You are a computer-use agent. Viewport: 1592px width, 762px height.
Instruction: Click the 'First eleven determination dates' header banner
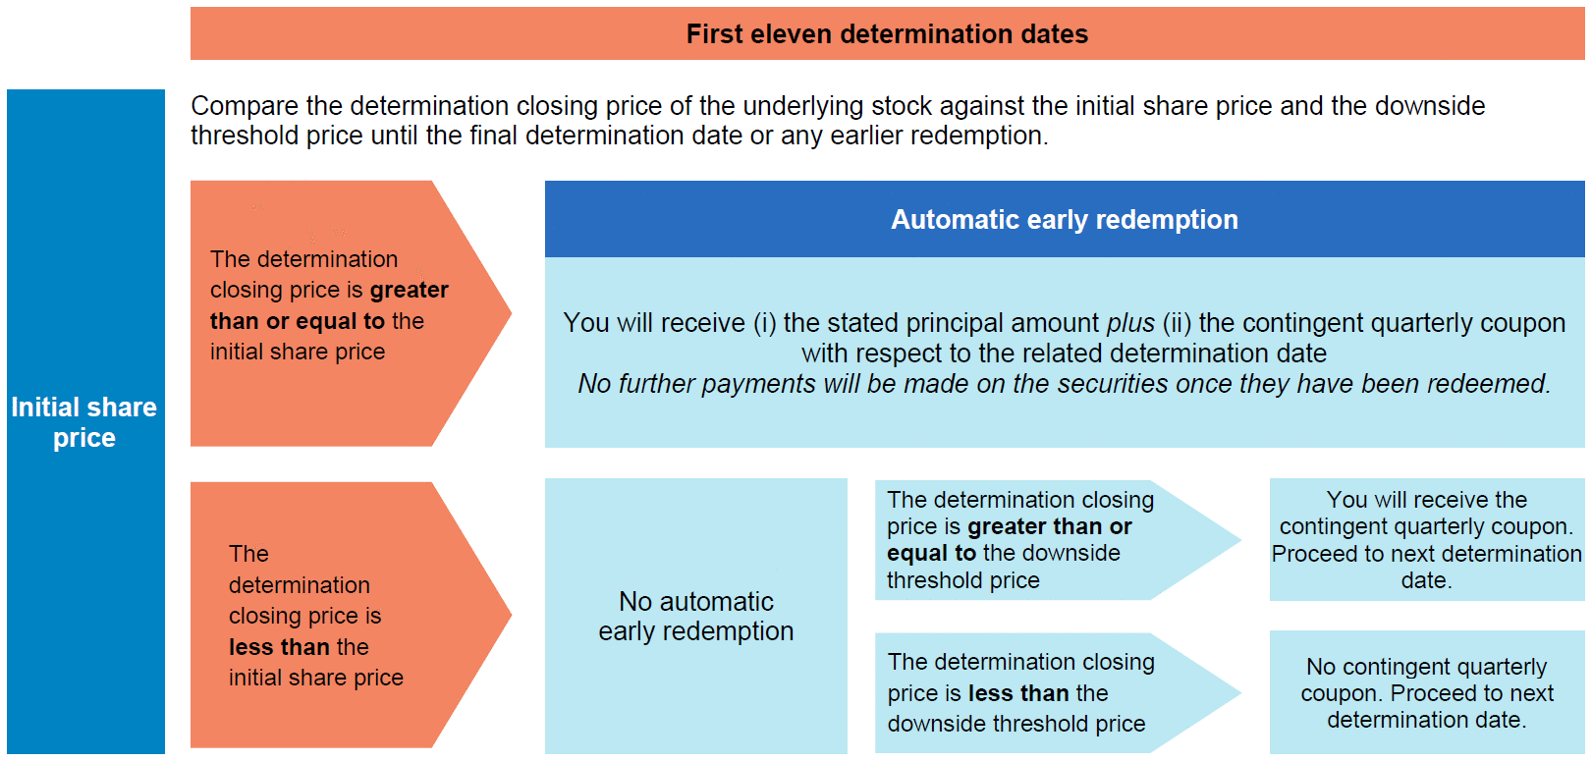point(887,33)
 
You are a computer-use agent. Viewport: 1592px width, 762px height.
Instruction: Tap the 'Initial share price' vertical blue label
point(85,421)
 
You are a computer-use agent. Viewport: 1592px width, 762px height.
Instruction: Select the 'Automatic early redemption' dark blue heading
point(1065,219)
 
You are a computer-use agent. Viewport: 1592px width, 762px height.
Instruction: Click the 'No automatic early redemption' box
point(695,616)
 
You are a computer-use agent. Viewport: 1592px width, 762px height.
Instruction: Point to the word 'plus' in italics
point(1130,323)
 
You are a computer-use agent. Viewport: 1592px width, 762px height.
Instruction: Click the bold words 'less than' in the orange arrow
point(279,647)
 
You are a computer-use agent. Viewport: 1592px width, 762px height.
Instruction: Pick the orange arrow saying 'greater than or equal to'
point(351,313)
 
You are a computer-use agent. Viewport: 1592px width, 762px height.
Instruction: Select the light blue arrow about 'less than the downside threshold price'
point(1058,692)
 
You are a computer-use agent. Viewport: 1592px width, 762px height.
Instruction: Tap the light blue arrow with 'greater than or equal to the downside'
point(1058,540)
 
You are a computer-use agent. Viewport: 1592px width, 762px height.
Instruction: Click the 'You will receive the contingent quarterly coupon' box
point(1427,539)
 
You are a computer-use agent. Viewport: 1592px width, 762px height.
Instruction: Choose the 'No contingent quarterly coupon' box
point(1427,692)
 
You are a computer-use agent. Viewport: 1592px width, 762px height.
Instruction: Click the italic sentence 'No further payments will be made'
point(1064,384)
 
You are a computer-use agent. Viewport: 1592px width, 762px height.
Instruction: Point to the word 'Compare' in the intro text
point(245,107)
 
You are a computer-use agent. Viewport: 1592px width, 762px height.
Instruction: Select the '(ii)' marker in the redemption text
point(1178,323)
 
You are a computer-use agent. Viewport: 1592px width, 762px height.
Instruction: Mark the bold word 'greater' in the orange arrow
point(410,290)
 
